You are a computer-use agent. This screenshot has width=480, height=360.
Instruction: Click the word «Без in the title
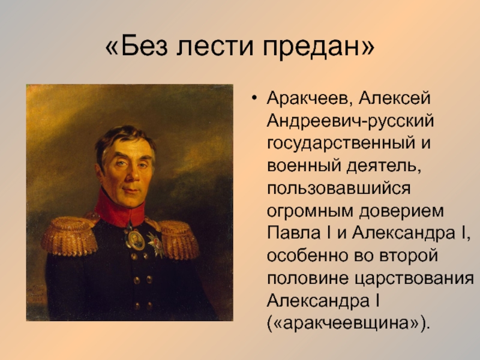coord(137,46)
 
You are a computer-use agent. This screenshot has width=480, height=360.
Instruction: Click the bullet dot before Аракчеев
coord(254,98)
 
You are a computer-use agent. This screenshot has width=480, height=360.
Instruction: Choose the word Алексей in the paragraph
coord(395,98)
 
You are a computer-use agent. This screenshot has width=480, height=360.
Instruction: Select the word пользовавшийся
coord(338,189)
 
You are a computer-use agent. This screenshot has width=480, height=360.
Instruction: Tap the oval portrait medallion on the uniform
coord(135,240)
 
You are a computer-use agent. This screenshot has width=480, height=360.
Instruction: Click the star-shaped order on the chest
coord(155,244)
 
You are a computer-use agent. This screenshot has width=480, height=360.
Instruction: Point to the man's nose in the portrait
coord(131,175)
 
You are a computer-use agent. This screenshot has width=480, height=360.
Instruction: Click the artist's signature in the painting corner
coord(36,295)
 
